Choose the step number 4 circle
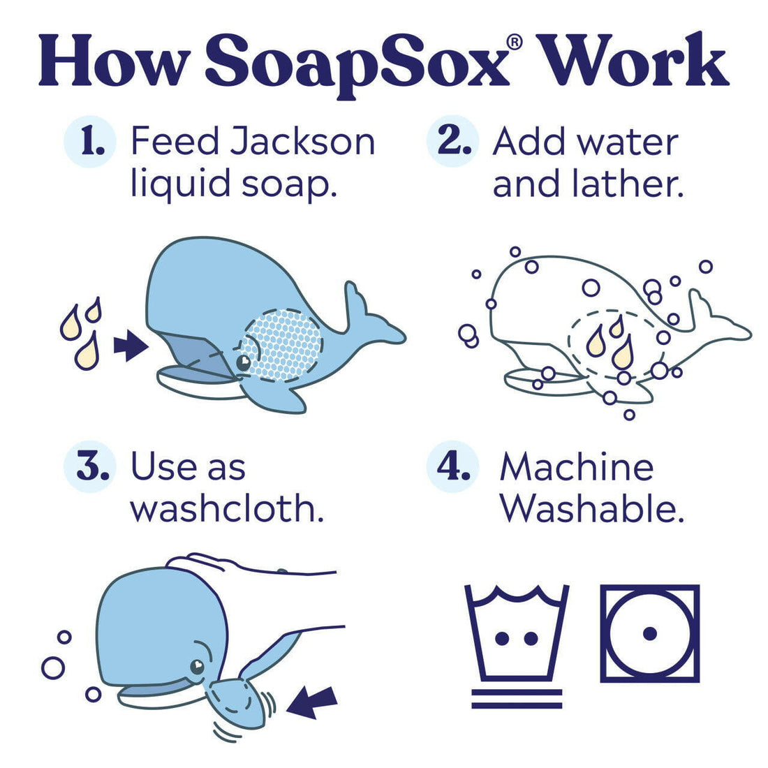point(453,467)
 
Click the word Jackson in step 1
point(303,142)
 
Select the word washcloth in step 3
point(227,509)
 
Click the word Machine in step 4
point(576,467)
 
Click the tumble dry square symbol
point(649,634)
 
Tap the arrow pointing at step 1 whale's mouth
point(130,346)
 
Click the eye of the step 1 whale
point(243,363)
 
